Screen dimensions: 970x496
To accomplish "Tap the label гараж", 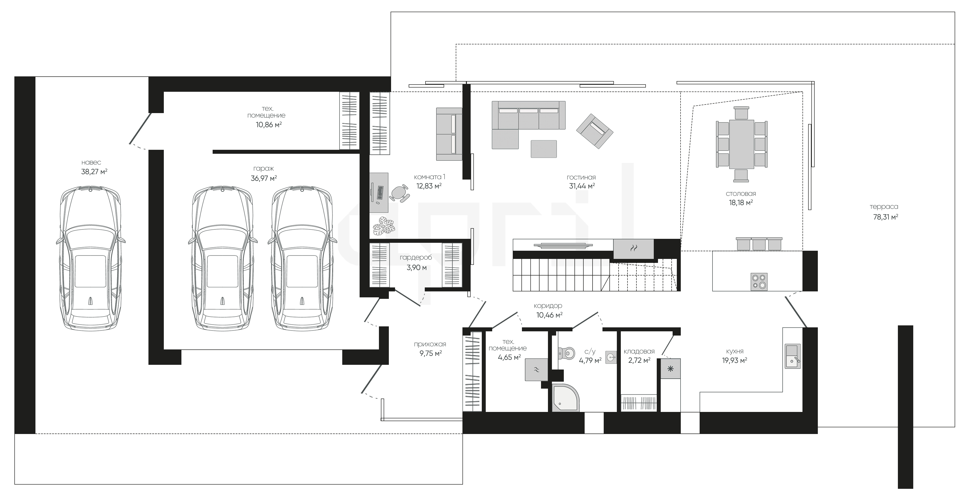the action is (x=264, y=169).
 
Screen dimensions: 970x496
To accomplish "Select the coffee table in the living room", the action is (x=544, y=149).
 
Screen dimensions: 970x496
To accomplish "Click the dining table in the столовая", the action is (x=742, y=144).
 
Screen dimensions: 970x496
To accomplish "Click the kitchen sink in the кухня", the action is (x=793, y=356).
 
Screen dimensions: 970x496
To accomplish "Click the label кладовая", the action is (x=639, y=351).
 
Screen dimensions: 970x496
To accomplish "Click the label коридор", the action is (x=548, y=306).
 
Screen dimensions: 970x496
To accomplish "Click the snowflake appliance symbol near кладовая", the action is (x=670, y=369).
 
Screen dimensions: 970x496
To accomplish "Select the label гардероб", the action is (x=416, y=258).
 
